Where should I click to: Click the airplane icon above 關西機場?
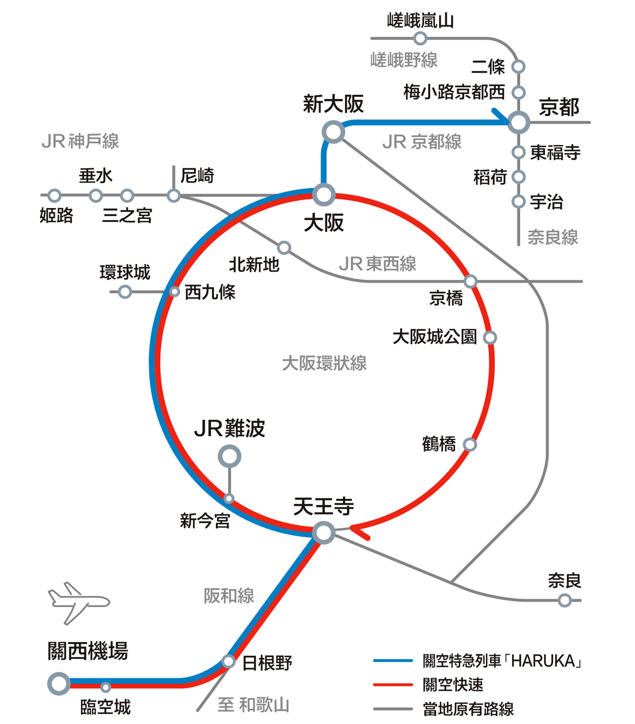click(78, 602)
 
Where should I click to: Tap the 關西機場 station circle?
click(59, 683)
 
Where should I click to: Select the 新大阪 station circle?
click(334, 132)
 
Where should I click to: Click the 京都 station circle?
click(519, 122)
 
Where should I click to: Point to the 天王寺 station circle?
click(323, 532)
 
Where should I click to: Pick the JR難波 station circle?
click(230, 456)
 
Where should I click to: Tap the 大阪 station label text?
click(323, 223)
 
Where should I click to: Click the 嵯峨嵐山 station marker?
click(420, 38)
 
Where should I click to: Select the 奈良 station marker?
click(565, 600)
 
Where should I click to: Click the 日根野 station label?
click(267, 663)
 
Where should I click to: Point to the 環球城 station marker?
click(125, 292)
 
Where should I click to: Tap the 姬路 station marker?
click(55, 196)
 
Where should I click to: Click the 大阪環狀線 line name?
click(324, 364)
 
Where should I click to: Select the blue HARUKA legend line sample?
click(393, 660)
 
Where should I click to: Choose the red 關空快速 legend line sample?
click(393, 685)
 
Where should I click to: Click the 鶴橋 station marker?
click(469, 444)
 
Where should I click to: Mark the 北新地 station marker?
click(284, 248)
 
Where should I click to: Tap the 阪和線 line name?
click(229, 596)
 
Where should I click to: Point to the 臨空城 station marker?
click(106, 687)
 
